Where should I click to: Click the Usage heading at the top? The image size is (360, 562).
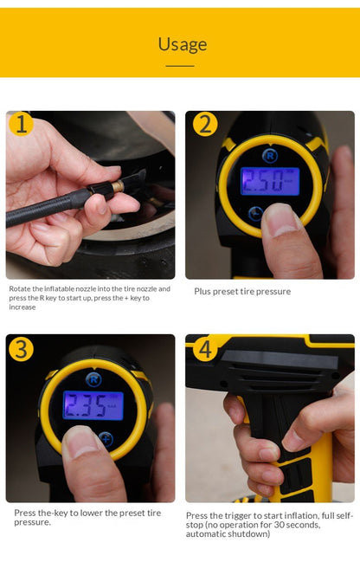(181, 44)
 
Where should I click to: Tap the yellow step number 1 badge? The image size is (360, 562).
(21, 125)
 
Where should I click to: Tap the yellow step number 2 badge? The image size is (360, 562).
(205, 125)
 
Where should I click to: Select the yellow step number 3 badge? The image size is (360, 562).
(21, 349)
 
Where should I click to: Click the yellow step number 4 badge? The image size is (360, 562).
(204, 349)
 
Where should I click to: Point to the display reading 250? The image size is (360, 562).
(269, 180)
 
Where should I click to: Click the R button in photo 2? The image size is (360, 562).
(269, 156)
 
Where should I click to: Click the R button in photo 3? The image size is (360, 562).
(93, 378)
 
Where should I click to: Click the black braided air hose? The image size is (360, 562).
(43, 210)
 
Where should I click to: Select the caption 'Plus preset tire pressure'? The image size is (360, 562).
(242, 292)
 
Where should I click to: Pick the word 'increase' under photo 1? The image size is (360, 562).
(22, 307)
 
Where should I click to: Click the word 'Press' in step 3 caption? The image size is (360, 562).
(24, 513)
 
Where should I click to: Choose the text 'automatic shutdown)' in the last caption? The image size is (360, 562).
(228, 534)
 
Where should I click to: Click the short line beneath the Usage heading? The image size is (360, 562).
(180, 65)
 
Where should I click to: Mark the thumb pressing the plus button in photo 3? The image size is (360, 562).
(87, 450)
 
